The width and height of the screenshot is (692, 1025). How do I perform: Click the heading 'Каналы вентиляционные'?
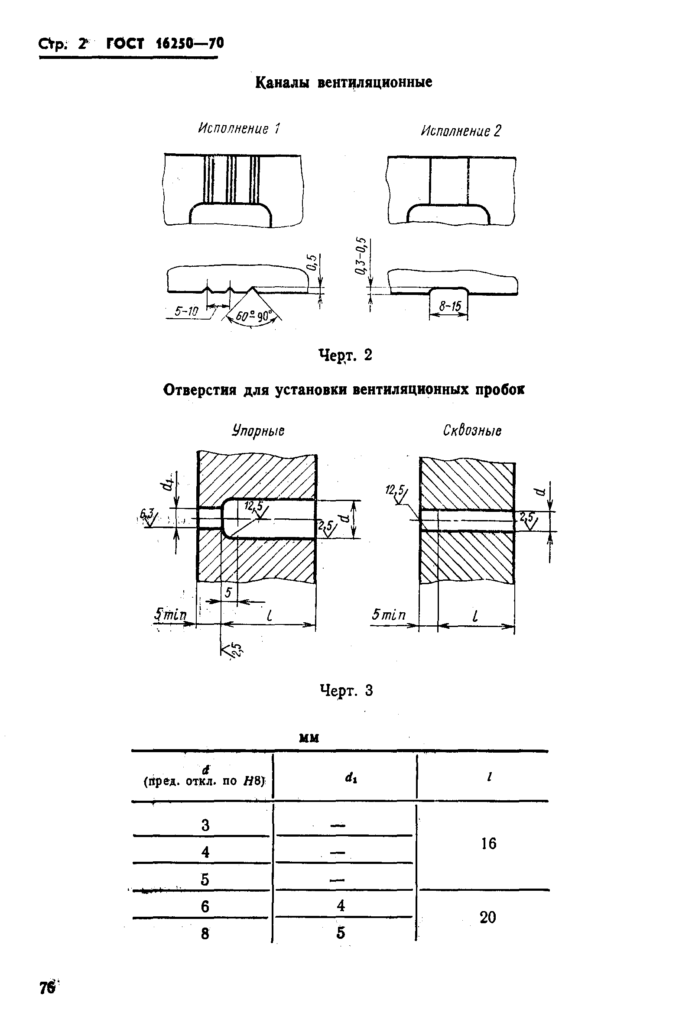pos(344,82)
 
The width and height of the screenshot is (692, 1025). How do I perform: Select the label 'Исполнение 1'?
pos(239,128)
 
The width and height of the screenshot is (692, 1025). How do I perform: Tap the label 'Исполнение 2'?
pos(461,131)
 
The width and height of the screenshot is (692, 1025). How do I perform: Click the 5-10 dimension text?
pos(186,311)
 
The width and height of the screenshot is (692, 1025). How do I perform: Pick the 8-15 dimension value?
pos(450,306)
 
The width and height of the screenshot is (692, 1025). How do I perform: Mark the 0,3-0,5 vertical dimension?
pos(361,256)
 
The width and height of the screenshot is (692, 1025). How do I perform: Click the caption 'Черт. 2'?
pos(345,355)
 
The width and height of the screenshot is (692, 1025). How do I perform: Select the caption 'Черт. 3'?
pos(346,690)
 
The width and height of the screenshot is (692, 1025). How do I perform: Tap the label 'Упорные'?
pos(258,430)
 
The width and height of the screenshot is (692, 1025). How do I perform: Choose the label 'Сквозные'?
pos(472,430)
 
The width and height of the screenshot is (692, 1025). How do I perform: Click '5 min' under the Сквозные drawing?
pos(388,614)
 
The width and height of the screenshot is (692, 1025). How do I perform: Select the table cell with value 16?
pos(488,843)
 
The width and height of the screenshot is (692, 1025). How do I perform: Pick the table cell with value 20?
pos(487,917)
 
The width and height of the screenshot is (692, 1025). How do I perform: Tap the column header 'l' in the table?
pos(489,777)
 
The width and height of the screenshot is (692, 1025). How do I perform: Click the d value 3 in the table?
pos(205,825)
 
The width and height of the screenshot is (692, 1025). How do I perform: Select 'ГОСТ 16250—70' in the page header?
pos(165,44)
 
